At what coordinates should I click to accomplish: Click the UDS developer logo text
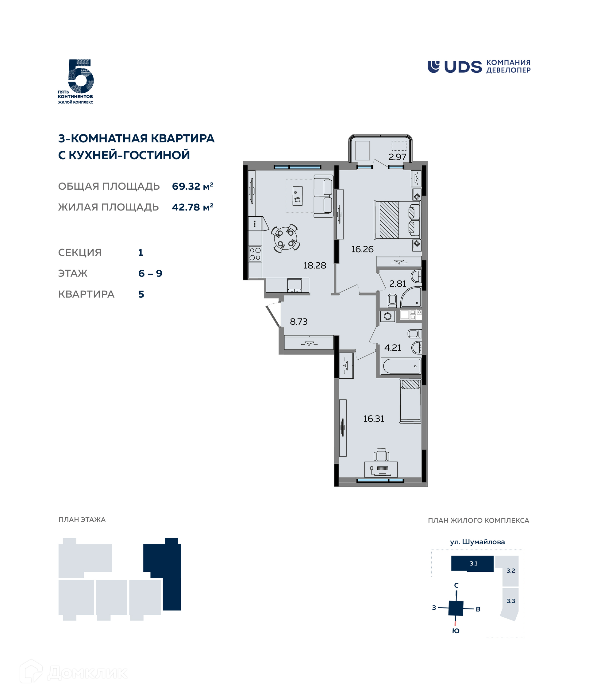(x=463, y=67)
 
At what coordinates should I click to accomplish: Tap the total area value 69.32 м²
(x=192, y=186)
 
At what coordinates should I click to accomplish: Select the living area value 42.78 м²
(x=192, y=207)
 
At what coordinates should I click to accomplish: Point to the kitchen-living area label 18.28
(x=314, y=265)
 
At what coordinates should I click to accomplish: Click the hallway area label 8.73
(x=298, y=322)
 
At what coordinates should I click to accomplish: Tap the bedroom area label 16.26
(x=362, y=249)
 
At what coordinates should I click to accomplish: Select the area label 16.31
(x=374, y=419)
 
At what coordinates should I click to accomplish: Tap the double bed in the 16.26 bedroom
(x=397, y=220)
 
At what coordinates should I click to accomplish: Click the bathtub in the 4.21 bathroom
(x=401, y=366)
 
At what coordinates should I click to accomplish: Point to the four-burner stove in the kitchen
(x=255, y=254)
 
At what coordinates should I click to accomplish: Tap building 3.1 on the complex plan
(x=472, y=564)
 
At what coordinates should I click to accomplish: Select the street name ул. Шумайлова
(x=477, y=542)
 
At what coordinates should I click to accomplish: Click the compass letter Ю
(x=456, y=631)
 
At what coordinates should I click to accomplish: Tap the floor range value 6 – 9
(x=150, y=273)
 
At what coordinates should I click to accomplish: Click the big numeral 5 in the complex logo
(x=81, y=76)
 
